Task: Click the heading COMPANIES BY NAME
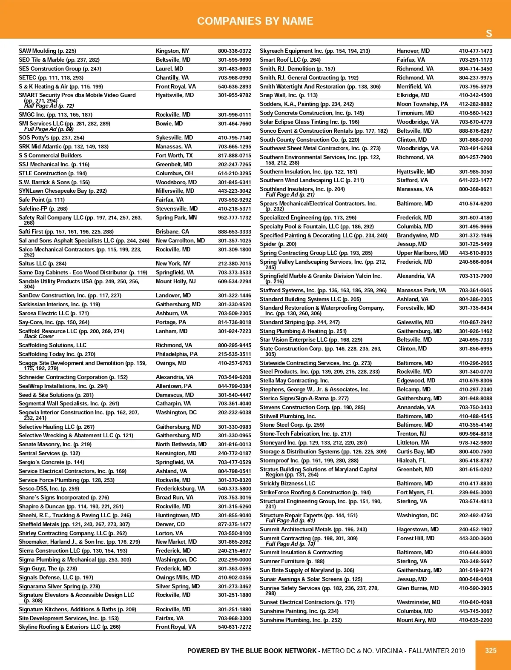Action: pos(255,21)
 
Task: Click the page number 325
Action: pos(491,650)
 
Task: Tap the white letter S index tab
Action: pos(489,34)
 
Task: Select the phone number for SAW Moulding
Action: pos(234,51)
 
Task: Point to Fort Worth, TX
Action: pos(174,156)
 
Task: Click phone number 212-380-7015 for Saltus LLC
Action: pos(234,264)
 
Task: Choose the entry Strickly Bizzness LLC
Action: pos(287,484)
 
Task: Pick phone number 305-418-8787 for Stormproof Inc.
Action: pos(475,461)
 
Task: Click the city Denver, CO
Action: pos(170,525)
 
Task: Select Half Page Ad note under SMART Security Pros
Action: pos(49,106)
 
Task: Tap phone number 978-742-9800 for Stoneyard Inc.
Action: pos(475,443)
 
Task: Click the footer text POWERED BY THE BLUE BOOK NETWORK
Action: pos(252,650)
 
